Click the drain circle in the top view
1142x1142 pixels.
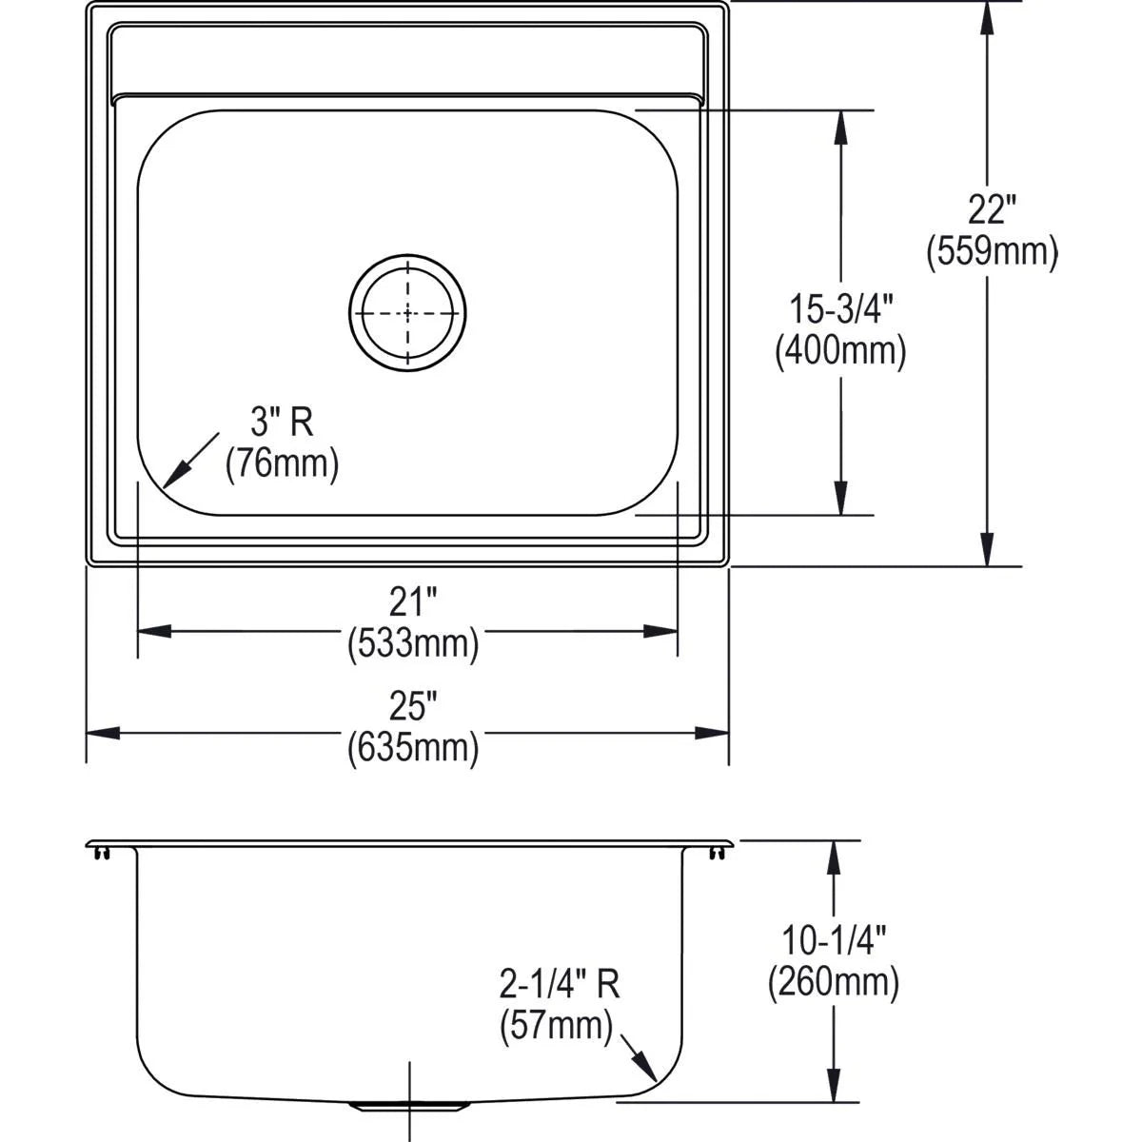coord(349,313)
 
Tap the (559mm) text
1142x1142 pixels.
coord(992,252)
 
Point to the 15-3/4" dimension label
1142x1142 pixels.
coord(841,309)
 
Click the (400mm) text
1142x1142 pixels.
coord(841,351)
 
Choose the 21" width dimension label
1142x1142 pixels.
coord(413,602)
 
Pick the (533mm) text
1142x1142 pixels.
coord(413,644)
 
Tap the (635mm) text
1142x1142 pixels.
coord(413,748)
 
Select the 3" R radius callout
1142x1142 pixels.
coord(282,423)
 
